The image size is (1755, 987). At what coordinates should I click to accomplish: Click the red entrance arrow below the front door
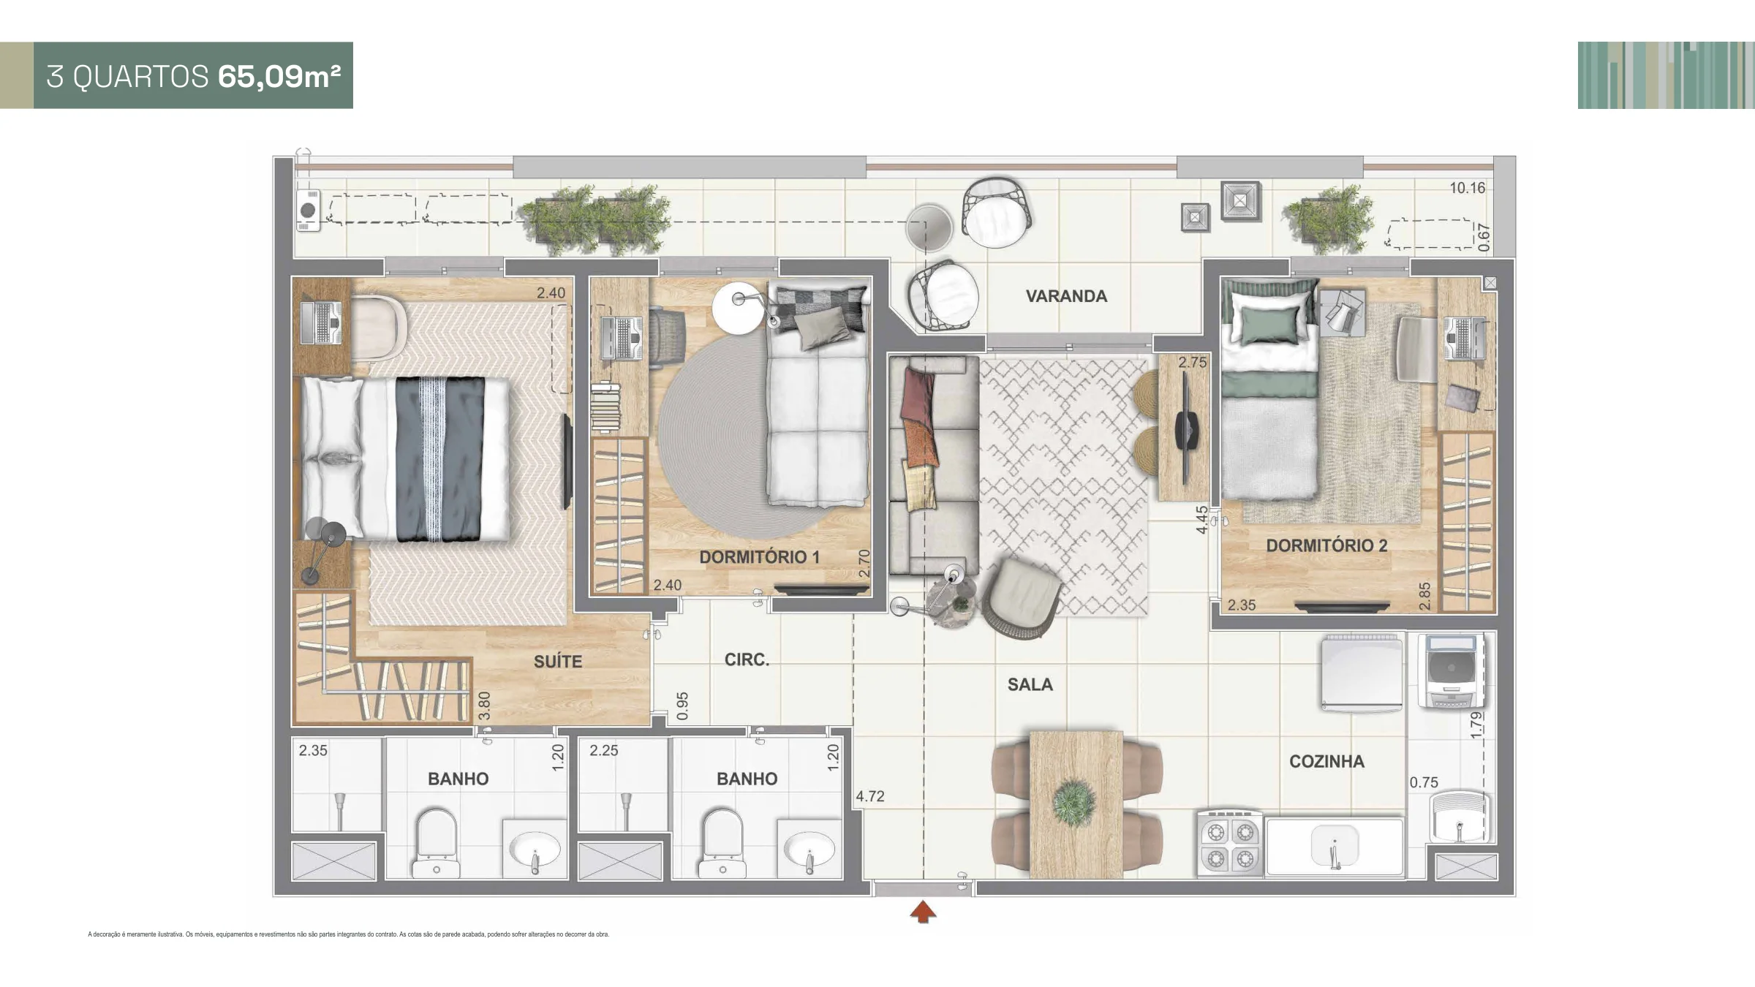tap(924, 912)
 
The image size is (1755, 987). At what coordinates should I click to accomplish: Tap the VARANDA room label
tap(1066, 296)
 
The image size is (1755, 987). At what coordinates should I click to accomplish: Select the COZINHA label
tap(1326, 761)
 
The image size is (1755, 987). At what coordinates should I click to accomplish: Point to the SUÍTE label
tap(558, 661)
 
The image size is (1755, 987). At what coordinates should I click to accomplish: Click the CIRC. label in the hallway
tap(747, 659)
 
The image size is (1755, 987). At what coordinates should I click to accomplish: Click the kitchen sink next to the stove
tap(1335, 847)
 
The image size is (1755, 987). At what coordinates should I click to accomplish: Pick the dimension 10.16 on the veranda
tap(1468, 188)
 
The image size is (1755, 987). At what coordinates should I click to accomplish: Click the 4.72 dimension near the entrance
tap(870, 796)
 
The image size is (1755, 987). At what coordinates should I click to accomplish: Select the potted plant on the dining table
tap(1075, 802)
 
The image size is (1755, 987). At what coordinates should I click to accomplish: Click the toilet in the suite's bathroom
tap(436, 843)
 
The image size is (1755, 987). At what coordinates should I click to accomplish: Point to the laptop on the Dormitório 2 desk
tap(1465, 339)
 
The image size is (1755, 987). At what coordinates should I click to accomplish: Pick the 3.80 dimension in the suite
tap(483, 706)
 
